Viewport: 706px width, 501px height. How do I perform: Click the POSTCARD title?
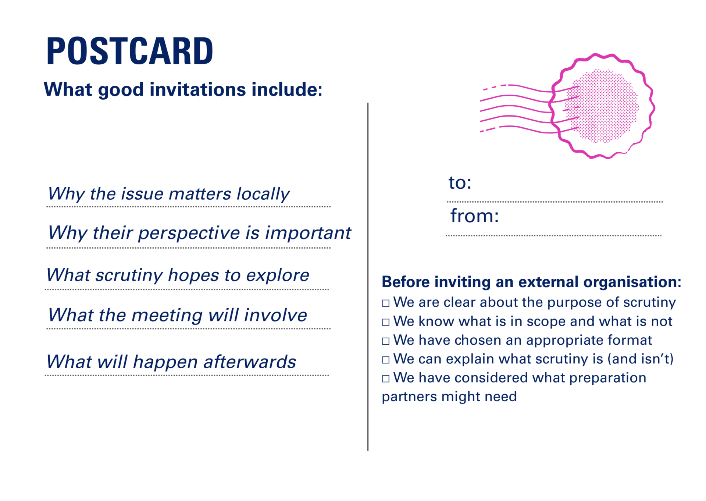[x=129, y=51]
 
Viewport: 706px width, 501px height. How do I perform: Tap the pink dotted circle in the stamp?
[x=602, y=106]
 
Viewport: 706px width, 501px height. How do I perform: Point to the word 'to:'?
[x=460, y=182]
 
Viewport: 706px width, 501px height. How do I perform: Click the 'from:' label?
[x=474, y=216]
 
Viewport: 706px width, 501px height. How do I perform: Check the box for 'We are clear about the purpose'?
[x=385, y=303]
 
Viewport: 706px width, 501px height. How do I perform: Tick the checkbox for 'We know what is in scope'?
[x=385, y=322]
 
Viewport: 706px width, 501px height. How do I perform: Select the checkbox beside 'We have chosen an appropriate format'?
[x=385, y=341]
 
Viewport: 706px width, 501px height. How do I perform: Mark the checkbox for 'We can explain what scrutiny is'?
[x=385, y=360]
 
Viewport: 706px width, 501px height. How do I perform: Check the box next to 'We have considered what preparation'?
[x=385, y=379]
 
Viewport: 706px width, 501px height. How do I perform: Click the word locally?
[x=263, y=194]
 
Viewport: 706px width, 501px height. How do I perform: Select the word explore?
[x=278, y=275]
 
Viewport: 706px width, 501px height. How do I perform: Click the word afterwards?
[x=250, y=362]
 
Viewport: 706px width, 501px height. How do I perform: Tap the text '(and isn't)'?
[x=640, y=359]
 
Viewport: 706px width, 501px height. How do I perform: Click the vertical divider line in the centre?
[x=368, y=277]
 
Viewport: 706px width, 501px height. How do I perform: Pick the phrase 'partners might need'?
[x=449, y=397]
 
